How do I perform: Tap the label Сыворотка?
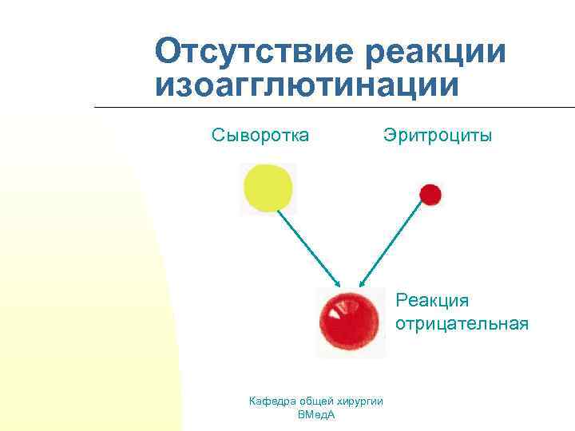pyautogui.click(x=260, y=135)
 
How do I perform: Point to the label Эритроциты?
pyautogui.click(x=437, y=135)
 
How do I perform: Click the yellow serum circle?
pyautogui.click(x=268, y=188)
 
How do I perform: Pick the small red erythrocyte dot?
pyautogui.click(x=430, y=194)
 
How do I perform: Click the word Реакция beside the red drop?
pyautogui.click(x=432, y=301)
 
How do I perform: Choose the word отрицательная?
pyautogui.click(x=462, y=323)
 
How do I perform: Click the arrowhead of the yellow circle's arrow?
pyautogui.click(x=338, y=283)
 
